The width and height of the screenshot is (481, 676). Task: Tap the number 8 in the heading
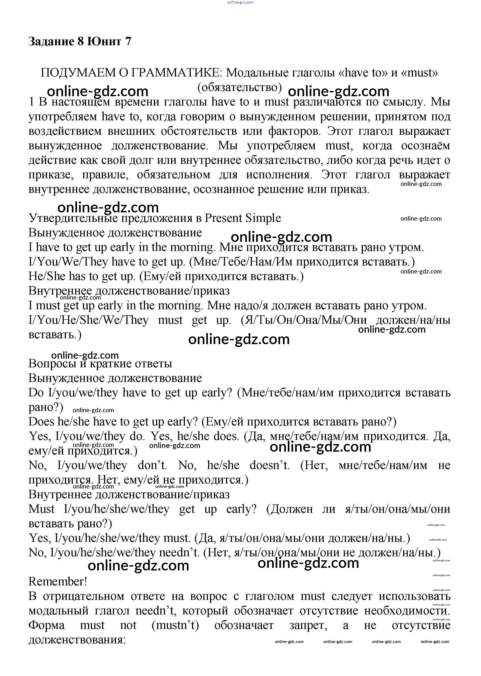coord(81,41)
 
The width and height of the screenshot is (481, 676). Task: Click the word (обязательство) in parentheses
coord(239,87)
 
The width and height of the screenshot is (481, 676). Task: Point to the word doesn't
coord(269,465)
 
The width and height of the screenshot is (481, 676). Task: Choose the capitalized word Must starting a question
coord(41,509)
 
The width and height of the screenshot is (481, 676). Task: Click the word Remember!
coord(58,582)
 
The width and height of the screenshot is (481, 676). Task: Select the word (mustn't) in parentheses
coord(175,625)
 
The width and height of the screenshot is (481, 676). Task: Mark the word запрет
coord(308,625)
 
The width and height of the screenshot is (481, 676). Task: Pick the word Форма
coord(47,625)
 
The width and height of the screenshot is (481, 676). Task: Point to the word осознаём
coord(426,146)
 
